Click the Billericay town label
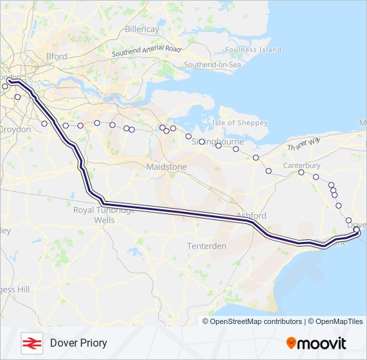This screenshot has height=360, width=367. pyautogui.click(x=142, y=30)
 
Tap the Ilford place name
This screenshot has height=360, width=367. pyautogui.click(x=57, y=57)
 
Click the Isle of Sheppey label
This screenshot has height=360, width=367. pyautogui.click(x=239, y=123)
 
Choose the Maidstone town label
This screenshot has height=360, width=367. pyautogui.click(x=167, y=166)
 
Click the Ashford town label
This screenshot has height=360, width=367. pyautogui.click(x=252, y=216)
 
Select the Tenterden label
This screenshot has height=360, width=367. pyautogui.click(x=207, y=246)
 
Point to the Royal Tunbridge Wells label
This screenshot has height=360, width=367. pyautogui.click(x=105, y=214)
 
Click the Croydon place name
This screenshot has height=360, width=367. pyautogui.click(x=15, y=129)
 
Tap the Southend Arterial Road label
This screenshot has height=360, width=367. pyautogui.click(x=147, y=51)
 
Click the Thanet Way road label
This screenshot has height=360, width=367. pyautogui.click(x=304, y=144)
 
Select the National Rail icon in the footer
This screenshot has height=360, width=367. pyautogui.click(x=31, y=343)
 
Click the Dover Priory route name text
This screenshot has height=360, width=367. pyautogui.click(x=78, y=343)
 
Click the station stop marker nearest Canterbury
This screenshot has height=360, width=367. pyautogui.click(x=302, y=173)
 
